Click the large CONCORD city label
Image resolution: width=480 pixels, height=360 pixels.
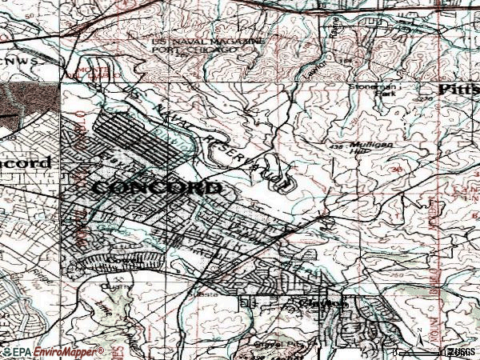tap(157, 188)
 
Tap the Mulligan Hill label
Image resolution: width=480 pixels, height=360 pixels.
tap(374, 152)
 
